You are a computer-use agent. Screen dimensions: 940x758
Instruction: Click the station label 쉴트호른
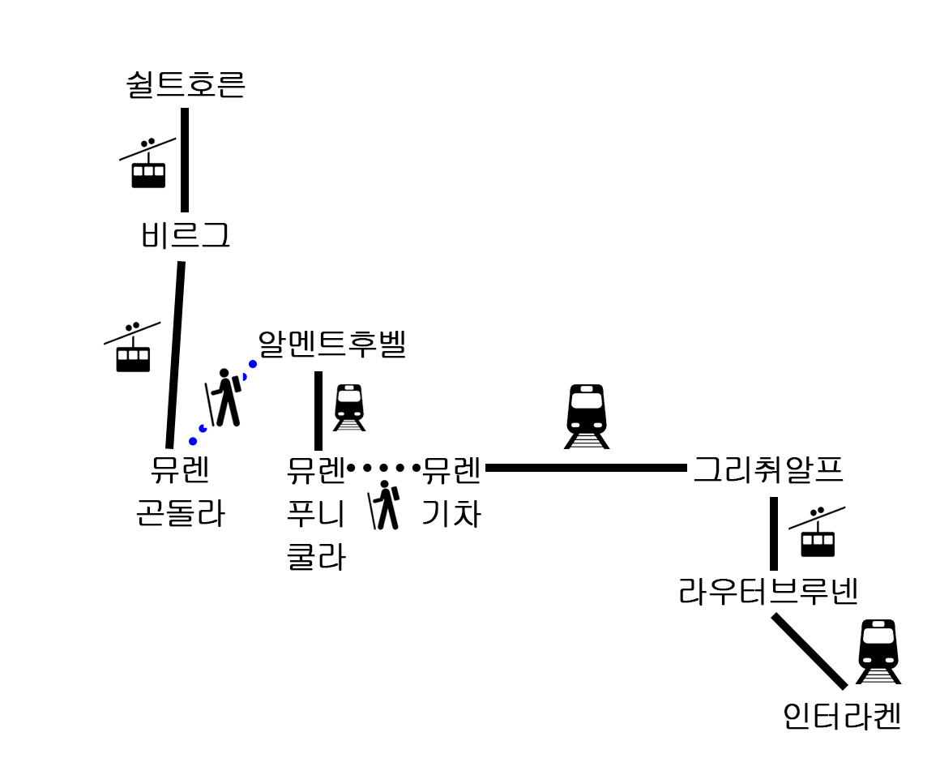(x=186, y=85)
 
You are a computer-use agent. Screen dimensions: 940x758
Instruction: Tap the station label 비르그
(x=186, y=236)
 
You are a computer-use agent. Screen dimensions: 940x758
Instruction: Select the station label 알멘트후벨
(x=331, y=345)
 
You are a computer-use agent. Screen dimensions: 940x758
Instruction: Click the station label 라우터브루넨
(x=768, y=593)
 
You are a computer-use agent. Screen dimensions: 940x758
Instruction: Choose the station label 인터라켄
(x=842, y=717)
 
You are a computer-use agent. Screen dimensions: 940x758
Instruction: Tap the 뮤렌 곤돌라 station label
(x=180, y=491)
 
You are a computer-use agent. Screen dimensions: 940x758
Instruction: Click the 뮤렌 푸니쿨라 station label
(x=316, y=513)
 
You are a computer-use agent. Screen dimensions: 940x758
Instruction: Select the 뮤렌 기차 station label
(x=452, y=491)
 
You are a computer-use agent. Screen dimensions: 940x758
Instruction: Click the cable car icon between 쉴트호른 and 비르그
(x=147, y=164)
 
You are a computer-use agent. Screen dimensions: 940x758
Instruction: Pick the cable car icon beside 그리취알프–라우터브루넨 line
(x=817, y=533)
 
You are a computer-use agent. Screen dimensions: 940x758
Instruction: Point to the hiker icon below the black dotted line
(x=385, y=505)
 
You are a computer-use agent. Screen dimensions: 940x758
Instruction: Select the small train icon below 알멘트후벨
(x=349, y=407)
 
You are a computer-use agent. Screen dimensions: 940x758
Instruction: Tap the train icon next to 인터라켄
(x=878, y=651)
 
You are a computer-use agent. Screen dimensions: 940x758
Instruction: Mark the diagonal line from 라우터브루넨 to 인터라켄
(x=810, y=651)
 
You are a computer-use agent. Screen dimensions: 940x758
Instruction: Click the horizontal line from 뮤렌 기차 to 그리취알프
(x=586, y=468)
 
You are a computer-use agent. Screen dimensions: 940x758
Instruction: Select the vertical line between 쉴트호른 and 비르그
(x=185, y=160)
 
